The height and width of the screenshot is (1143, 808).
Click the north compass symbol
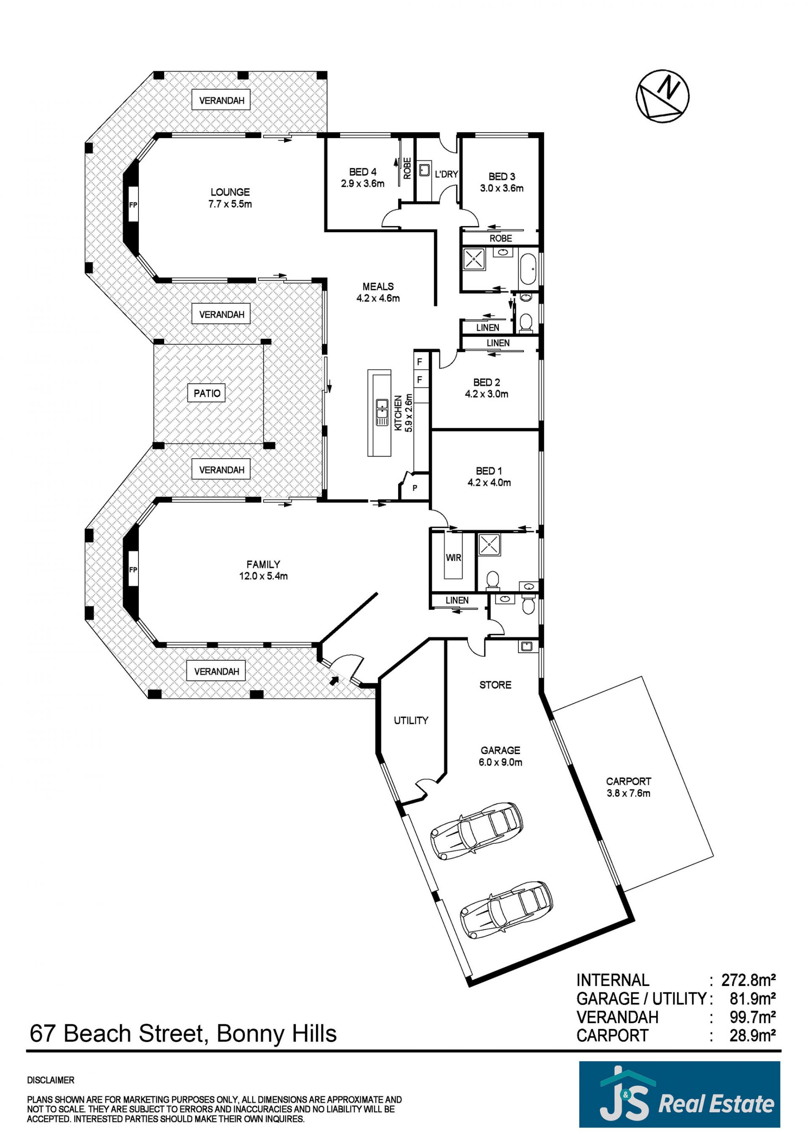click(663, 96)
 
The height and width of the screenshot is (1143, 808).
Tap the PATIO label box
click(207, 393)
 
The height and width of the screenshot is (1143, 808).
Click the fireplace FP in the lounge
click(133, 204)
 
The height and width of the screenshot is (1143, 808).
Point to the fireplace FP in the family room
click(133, 570)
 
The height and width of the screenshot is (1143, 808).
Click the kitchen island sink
click(382, 412)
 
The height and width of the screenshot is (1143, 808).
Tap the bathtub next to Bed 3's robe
click(528, 269)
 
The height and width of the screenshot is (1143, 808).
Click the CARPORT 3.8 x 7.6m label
click(628, 787)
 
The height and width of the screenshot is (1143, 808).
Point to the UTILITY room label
click(411, 720)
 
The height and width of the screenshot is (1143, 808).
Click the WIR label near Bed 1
click(453, 558)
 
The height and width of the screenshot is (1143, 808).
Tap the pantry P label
click(415, 488)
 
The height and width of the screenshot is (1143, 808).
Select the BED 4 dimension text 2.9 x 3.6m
click(362, 183)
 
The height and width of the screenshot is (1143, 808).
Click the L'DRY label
click(446, 174)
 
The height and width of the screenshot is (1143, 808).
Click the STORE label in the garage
click(495, 685)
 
